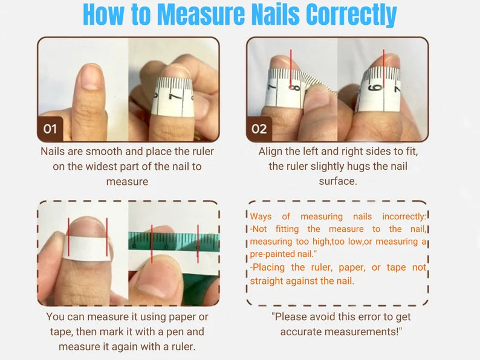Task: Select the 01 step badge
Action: tap(50, 129)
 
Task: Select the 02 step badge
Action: tap(259, 129)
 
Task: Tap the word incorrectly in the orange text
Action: tap(404, 216)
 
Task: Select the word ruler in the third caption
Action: tap(186, 347)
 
